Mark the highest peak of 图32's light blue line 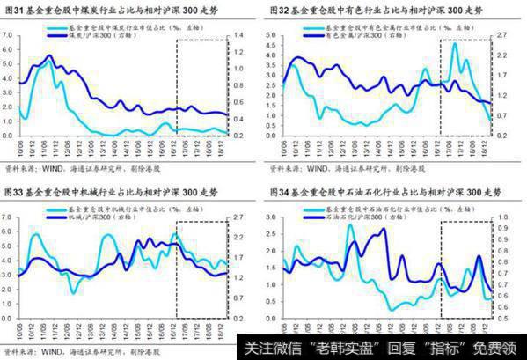pyautogui.click(x=454, y=44)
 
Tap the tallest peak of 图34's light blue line pyautogui.click(x=349, y=226)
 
